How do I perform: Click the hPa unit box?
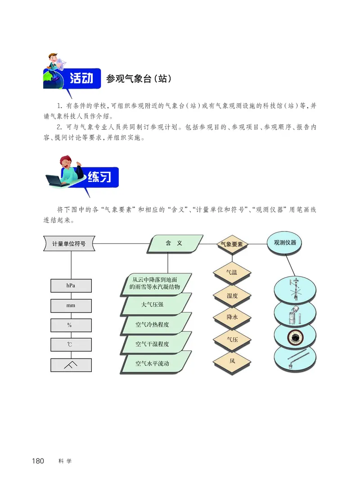click(x=71, y=286)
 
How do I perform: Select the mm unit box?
click(x=71, y=306)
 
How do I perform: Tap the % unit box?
click(x=71, y=325)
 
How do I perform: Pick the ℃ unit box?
click(x=71, y=345)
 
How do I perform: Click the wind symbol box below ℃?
click(x=71, y=364)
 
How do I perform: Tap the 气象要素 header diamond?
click(x=232, y=244)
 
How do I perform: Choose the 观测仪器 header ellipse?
click(x=284, y=242)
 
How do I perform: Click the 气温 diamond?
click(x=232, y=272)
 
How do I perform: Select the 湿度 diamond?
click(x=232, y=295)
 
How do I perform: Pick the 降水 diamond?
click(x=232, y=317)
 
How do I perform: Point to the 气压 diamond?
click(x=232, y=339)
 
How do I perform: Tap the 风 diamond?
click(x=232, y=361)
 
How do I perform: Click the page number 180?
click(x=38, y=461)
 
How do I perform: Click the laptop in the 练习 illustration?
click(x=56, y=181)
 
